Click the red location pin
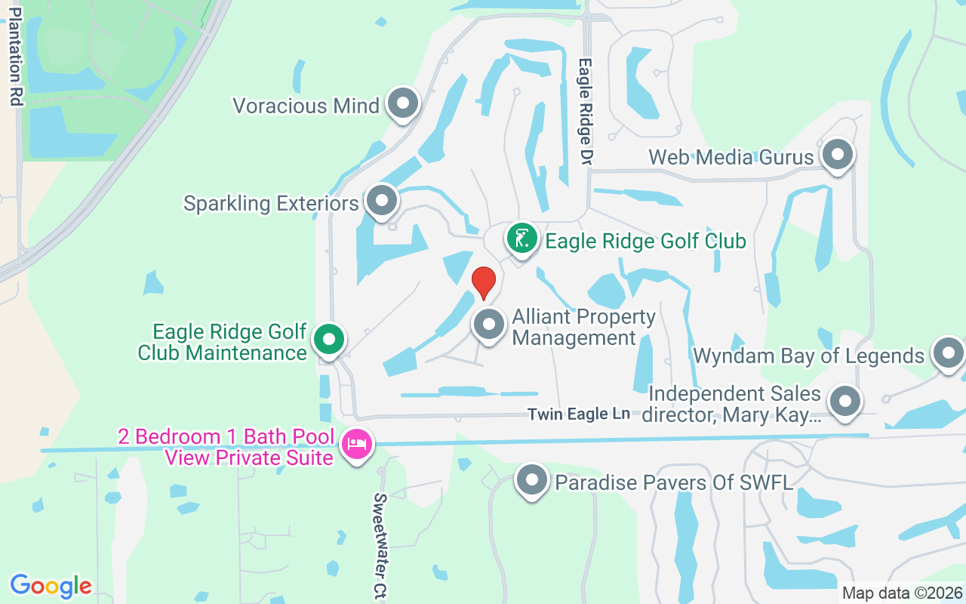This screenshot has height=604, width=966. pyautogui.click(x=483, y=282)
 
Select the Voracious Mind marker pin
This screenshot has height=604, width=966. pyautogui.click(x=402, y=103)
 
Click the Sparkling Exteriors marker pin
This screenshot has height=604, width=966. pyautogui.click(x=382, y=202)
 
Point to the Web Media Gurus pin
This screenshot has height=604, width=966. pyautogui.click(x=836, y=155)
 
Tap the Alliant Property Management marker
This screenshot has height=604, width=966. pyautogui.click(x=488, y=325)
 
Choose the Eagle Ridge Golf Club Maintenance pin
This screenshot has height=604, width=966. pyautogui.click(x=328, y=340)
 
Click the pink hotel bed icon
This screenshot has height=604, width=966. pyautogui.click(x=356, y=443)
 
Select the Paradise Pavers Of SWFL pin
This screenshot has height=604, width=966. pyautogui.click(x=533, y=480)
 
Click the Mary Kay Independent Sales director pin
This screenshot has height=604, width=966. pyautogui.click(x=844, y=402)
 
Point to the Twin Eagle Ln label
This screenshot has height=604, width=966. pyautogui.click(x=579, y=414)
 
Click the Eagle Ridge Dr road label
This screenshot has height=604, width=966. pyautogui.click(x=585, y=112)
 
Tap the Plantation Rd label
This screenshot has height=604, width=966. pyautogui.click(x=15, y=57)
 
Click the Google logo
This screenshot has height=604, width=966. pyautogui.click(x=51, y=586)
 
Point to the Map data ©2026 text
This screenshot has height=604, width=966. pyautogui.click(x=902, y=593)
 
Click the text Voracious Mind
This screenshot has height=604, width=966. pyautogui.click(x=306, y=106)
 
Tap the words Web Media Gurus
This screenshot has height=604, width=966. pyautogui.click(x=731, y=157)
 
